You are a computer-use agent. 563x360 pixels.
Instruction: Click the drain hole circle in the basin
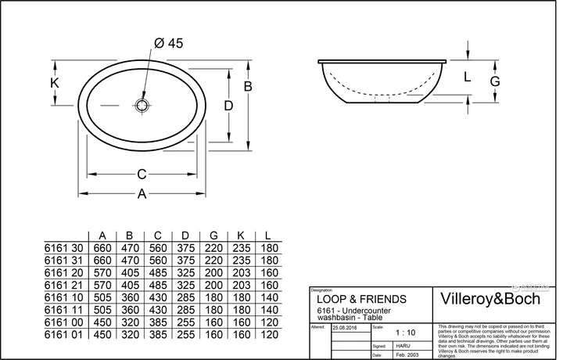tap(142, 103)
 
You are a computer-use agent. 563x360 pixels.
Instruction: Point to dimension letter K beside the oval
tap(54, 82)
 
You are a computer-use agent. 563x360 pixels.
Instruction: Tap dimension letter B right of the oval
tap(247, 86)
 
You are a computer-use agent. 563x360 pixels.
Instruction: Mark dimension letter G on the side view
tap(495, 81)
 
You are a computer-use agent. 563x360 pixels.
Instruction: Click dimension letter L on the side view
tap(467, 77)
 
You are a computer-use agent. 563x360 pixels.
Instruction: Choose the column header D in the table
tap(185, 235)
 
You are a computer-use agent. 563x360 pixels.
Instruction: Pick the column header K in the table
tap(241, 235)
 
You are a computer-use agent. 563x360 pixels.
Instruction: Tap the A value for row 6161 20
tap(102, 272)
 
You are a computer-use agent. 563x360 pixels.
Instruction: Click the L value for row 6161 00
tap(268, 322)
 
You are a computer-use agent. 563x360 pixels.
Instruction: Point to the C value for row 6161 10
tap(157, 297)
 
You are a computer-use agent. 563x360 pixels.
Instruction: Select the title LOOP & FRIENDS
tap(360, 299)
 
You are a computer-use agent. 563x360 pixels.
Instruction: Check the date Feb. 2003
tap(406, 355)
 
